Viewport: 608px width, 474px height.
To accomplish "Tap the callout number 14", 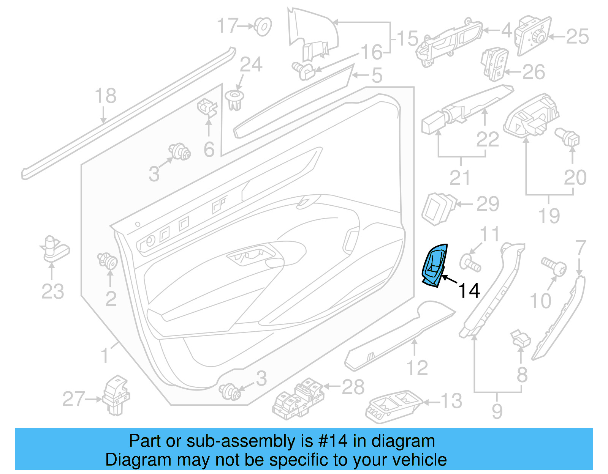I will pyautogui.click(x=469, y=291).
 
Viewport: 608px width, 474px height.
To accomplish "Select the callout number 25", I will pyautogui.click(x=577, y=37).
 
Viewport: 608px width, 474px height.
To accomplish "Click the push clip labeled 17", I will pyautogui.click(x=263, y=26).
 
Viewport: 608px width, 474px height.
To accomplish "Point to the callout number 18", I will pyautogui.click(x=105, y=96).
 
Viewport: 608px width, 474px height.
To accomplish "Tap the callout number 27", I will pyautogui.click(x=74, y=399).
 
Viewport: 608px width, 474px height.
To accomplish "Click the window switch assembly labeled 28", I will pyautogui.click(x=299, y=398).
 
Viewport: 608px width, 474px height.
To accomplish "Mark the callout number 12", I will pyautogui.click(x=417, y=368).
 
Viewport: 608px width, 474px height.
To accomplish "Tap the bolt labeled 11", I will pyautogui.click(x=470, y=263).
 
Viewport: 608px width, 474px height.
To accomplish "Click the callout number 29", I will pyautogui.click(x=488, y=204).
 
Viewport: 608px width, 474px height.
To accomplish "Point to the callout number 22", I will pyautogui.click(x=487, y=139).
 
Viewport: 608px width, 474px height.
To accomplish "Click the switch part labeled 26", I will pyautogui.click(x=495, y=64).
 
